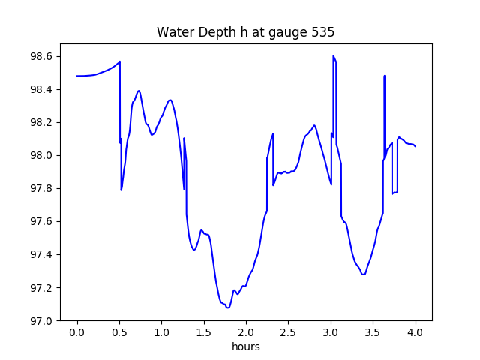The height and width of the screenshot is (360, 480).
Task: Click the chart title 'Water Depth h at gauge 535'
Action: [245, 32]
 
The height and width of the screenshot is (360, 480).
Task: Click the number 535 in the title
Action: [323, 32]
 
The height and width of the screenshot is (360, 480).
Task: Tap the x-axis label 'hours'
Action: [246, 346]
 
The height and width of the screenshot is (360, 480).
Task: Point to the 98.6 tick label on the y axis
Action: [41, 57]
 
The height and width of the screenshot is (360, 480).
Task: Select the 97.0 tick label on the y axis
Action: [41, 321]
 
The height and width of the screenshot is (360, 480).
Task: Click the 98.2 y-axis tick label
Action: [41, 122]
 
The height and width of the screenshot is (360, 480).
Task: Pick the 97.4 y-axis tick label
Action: [41, 255]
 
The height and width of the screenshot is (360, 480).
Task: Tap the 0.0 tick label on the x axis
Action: [77, 332]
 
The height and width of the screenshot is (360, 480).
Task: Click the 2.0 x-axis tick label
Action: [246, 332]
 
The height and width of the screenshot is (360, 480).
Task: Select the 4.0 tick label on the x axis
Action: [415, 332]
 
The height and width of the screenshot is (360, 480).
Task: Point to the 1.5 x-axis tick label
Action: [204, 332]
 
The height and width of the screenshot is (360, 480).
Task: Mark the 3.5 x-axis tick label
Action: [373, 332]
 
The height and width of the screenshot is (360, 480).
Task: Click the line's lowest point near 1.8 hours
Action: [228, 307]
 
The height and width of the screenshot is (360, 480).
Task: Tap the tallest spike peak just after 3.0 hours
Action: [333, 55]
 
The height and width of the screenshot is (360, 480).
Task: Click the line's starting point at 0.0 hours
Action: [76, 76]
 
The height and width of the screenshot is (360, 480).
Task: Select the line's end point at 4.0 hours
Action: [415, 147]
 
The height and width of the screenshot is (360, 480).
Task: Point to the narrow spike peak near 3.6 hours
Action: [385, 76]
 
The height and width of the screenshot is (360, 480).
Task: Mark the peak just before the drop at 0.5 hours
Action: [120, 61]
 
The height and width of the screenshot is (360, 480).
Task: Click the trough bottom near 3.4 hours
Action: [363, 274]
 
